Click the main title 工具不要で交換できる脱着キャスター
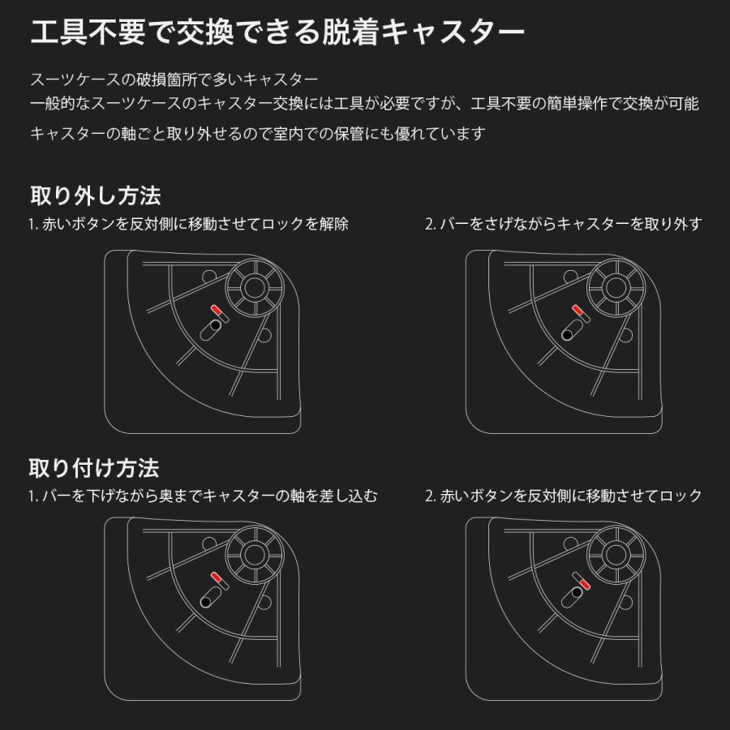277,32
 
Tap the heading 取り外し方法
96,195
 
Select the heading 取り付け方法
94,468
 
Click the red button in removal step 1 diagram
217,310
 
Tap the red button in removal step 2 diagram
578,310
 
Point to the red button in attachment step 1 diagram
217,578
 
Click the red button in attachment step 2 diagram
585,584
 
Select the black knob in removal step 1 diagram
215,325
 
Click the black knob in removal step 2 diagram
567,335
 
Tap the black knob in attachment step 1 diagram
205,602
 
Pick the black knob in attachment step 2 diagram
577,592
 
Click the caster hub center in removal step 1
254,288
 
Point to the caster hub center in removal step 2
616,288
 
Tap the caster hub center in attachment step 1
254,555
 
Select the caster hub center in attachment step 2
616,555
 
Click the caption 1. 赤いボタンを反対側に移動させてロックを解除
188,224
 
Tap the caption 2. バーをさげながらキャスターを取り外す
564,224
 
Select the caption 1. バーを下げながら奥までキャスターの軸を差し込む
203,496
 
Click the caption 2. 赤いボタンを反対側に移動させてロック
564,496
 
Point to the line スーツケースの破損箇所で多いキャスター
174,79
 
